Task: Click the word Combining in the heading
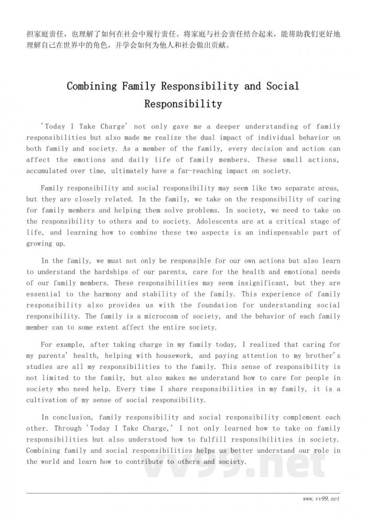pos(92,86)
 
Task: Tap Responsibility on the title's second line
pos(183,104)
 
